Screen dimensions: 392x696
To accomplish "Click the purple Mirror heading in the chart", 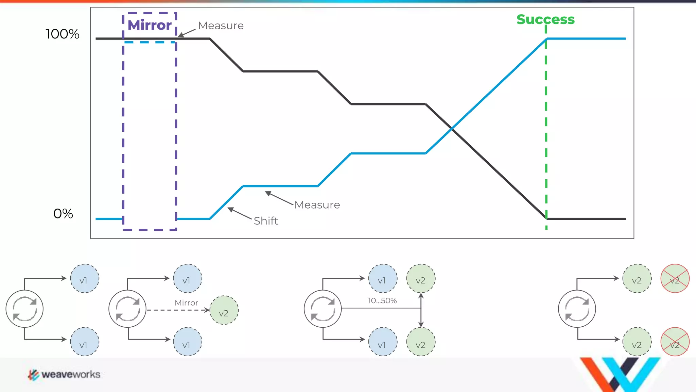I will [150, 26].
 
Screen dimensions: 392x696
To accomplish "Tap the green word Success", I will [545, 19].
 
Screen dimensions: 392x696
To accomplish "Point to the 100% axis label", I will [63, 34].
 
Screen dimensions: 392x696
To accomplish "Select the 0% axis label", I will [63, 214].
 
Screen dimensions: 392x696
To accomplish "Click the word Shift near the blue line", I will [266, 221].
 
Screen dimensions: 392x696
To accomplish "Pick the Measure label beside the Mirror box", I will [221, 26].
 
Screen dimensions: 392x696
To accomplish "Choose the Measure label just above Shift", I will [317, 205].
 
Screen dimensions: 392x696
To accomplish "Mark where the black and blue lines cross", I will [452, 129].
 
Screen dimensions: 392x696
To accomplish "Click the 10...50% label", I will [382, 301].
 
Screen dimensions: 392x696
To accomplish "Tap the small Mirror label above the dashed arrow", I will [186, 303].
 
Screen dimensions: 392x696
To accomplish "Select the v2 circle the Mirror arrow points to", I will [224, 310].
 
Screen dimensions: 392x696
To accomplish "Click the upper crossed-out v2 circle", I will [675, 278].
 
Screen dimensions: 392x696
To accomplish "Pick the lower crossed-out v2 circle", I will [675, 342].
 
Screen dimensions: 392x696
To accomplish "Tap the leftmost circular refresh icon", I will [24, 309].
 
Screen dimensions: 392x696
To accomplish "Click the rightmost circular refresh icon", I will [577, 309].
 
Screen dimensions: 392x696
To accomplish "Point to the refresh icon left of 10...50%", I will [323, 309].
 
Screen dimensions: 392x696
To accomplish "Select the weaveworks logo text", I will [71, 375].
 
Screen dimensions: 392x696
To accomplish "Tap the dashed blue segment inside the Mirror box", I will [150, 42].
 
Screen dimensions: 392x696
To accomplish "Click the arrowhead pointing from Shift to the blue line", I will [230, 209].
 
